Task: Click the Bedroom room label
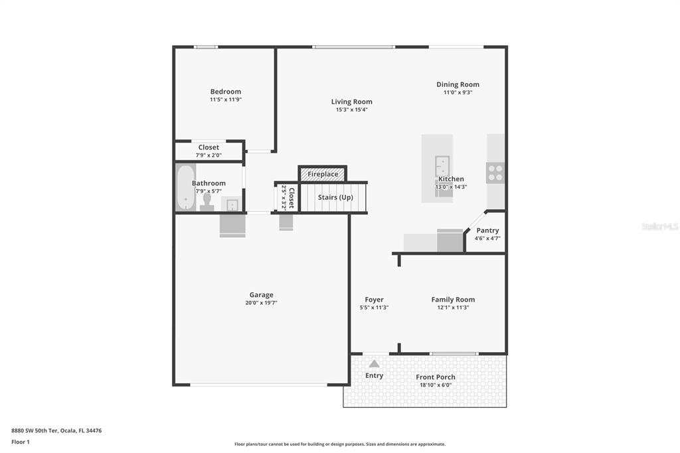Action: (225, 92)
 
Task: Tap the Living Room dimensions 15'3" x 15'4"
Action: (351, 110)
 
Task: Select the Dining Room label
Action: (458, 84)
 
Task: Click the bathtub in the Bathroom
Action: (185, 187)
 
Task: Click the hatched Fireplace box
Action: (323, 174)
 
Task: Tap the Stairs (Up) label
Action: (335, 197)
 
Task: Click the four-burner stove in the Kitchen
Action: (495, 173)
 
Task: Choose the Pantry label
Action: (487, 230)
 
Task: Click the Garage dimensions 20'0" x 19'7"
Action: (261, 303)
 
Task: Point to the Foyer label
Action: (374, 300)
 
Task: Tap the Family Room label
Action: (453, 300)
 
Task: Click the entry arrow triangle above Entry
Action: (375, 363)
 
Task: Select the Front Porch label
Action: (436, 377)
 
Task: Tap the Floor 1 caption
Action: (21, 441)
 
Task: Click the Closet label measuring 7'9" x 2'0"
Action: (209, 147)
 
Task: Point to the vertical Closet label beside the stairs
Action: (291, 197)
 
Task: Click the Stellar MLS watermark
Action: (659, 226)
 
